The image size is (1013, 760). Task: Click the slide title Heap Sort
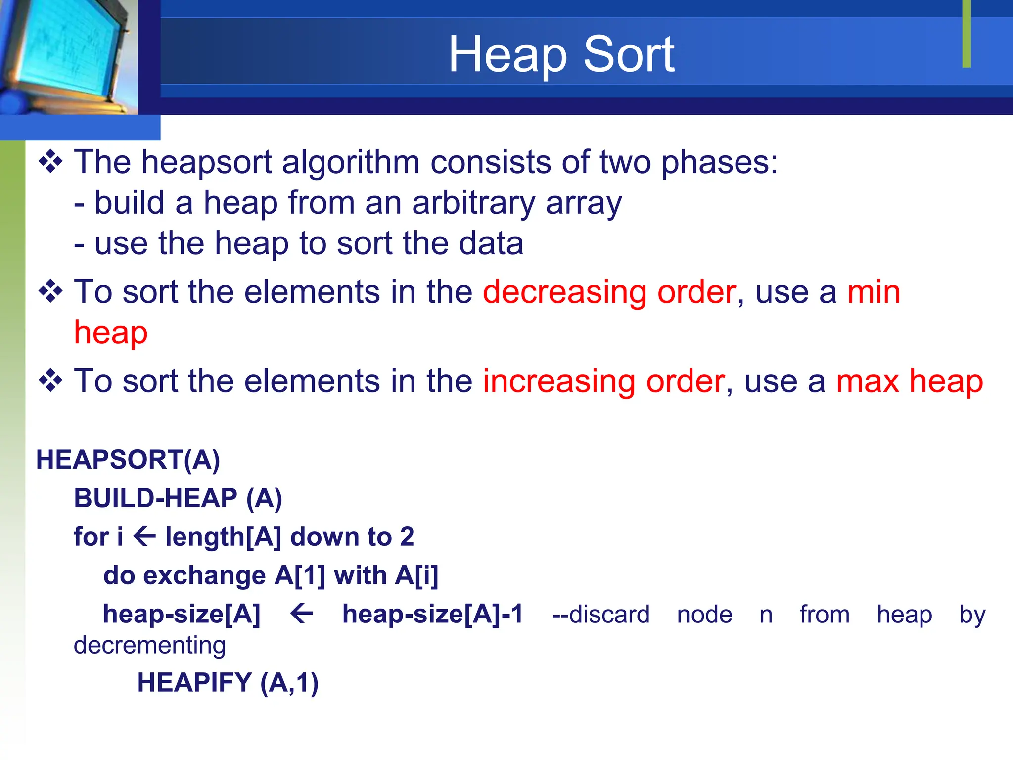click(561, 54)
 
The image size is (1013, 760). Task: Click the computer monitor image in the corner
click(67, 54)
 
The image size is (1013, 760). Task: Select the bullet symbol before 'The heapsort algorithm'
click(50, 162)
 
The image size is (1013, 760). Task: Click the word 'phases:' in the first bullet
click(720, 163)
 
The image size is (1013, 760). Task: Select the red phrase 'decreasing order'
click(609, 292)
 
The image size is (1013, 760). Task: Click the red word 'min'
click(874, 292)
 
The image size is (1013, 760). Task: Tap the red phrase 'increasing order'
click(603, 381)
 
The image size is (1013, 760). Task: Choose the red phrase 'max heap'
click(909, 381)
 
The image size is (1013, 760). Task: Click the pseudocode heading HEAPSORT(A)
click(128, 460)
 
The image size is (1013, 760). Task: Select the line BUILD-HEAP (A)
click(178, 498)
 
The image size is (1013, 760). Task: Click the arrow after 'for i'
click(144, 537)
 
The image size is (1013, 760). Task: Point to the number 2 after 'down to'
click(407, 537)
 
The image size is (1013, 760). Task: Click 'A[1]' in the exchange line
click(300, 575)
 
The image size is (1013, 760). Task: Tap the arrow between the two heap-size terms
click(301, 614)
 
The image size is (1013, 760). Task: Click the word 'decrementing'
click(149, 645)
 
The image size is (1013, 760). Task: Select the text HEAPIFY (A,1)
click(228, 683)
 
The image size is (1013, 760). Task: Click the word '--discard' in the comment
click(600, 615)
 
